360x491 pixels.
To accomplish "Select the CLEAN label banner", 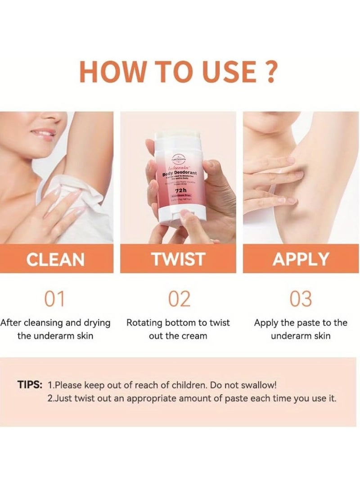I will (56, 259).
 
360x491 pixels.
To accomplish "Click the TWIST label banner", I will (179, 259).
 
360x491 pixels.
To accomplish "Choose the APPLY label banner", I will (301, 259).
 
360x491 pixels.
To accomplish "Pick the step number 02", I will (179, 299).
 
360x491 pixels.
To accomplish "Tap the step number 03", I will (301, 299).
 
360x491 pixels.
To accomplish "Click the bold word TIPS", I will (30, 385).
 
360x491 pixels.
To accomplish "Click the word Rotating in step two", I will (144, 323).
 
